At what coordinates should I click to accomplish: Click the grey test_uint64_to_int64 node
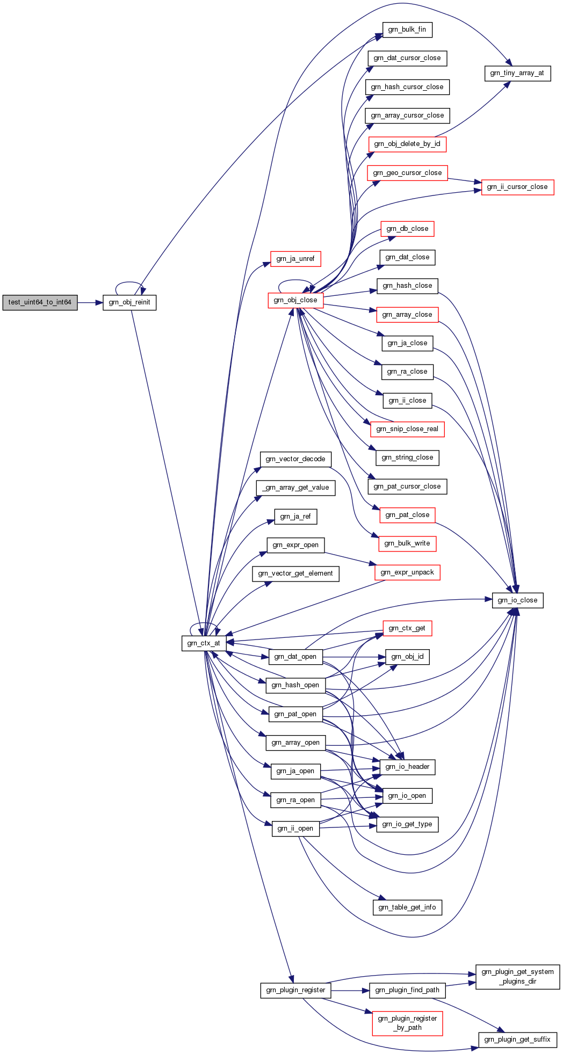coord(40,302)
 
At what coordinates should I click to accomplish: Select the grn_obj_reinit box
coord(129,302)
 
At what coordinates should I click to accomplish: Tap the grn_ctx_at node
coord(204,643)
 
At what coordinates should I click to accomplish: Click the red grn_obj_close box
coord(295,300)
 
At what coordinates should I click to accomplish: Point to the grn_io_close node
coord(517,600)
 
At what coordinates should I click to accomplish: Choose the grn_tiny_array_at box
coord(517,73)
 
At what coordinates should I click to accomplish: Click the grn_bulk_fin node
coord(407,30)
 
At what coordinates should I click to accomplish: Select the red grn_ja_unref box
coord(295,259)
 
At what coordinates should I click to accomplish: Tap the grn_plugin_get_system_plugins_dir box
coord(518,977)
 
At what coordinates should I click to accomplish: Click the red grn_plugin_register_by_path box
coord(407,1023)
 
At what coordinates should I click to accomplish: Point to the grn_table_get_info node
coord(407,907)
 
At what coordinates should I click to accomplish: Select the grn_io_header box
coord(407,767)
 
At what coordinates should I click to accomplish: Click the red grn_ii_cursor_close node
coord(517,187)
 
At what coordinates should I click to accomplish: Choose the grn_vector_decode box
coord(295,459)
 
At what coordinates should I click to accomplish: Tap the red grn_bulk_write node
coord(407,543)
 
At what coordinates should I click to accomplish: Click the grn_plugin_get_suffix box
coord(517,1040)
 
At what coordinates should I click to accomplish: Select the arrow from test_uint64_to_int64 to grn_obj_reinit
coord(90,302)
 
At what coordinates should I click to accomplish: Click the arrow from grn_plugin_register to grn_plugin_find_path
coord(350,990)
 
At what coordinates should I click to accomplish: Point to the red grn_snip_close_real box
coord(407,429)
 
